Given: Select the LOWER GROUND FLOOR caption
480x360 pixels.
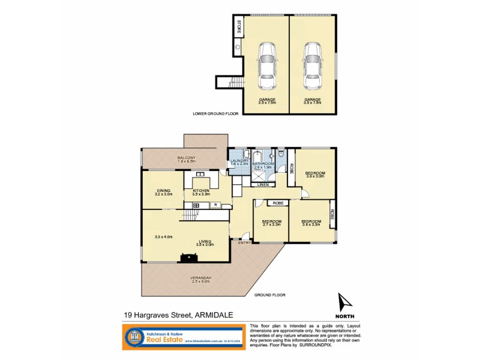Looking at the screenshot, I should pyautogui.click(x=215, y=113).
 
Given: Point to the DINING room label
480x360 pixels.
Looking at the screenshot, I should pyautogui.click(x=164, y=191).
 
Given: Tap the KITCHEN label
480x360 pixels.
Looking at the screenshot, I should pyautogui.click(x=201, y=191).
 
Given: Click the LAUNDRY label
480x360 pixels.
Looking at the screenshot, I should pyautogui.click(x=239, y=160).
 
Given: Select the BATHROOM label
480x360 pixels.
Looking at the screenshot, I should pyautogui.click(x=262, y=164).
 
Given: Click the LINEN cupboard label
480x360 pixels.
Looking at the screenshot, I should pyautogui.click(x=263, y=184).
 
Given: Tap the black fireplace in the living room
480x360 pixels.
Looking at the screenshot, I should pyautogui.click(x=190, y=258).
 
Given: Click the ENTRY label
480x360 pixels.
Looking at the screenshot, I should pyautogui.click(x=244, y=243).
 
